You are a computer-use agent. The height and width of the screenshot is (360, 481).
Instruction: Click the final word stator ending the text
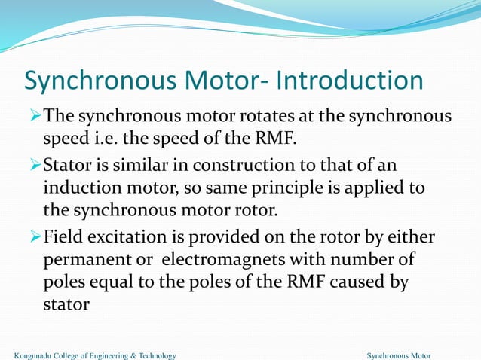tap(63, 307)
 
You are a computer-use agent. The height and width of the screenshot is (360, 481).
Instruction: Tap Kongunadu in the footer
tap(36, 355)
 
